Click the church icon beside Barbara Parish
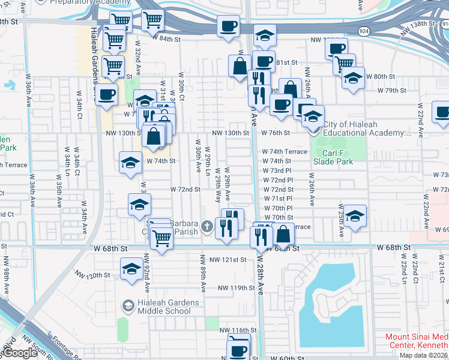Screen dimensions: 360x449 pos(207,226)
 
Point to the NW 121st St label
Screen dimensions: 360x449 pos(228,260)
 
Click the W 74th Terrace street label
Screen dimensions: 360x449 pos(285,152)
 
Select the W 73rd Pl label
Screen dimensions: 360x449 pos(277,170)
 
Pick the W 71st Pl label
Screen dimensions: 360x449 pos(277,198)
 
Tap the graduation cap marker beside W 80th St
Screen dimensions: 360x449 pos(353,78)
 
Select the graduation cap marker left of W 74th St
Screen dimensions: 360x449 pos(130,163)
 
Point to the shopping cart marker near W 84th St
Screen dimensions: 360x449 pos(152,20)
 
